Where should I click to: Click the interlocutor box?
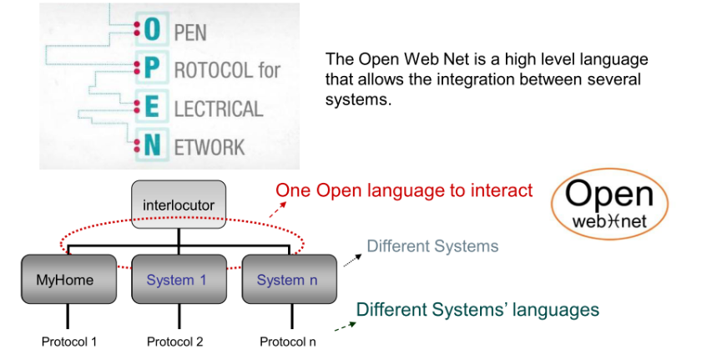(179, 205)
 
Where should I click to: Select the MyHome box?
(68, 280)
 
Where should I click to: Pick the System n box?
(287, 280)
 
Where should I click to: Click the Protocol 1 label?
(69, 342)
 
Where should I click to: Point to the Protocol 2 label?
(174, 342)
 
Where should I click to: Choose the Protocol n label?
(287, 342)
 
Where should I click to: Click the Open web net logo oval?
(610, 205)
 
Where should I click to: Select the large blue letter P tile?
(151, 68)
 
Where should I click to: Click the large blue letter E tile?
(151, 107)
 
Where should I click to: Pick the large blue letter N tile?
(151, 145)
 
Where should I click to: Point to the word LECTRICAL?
(218, 108)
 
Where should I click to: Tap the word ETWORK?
(210, 147)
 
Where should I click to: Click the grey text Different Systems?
(432, 246)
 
